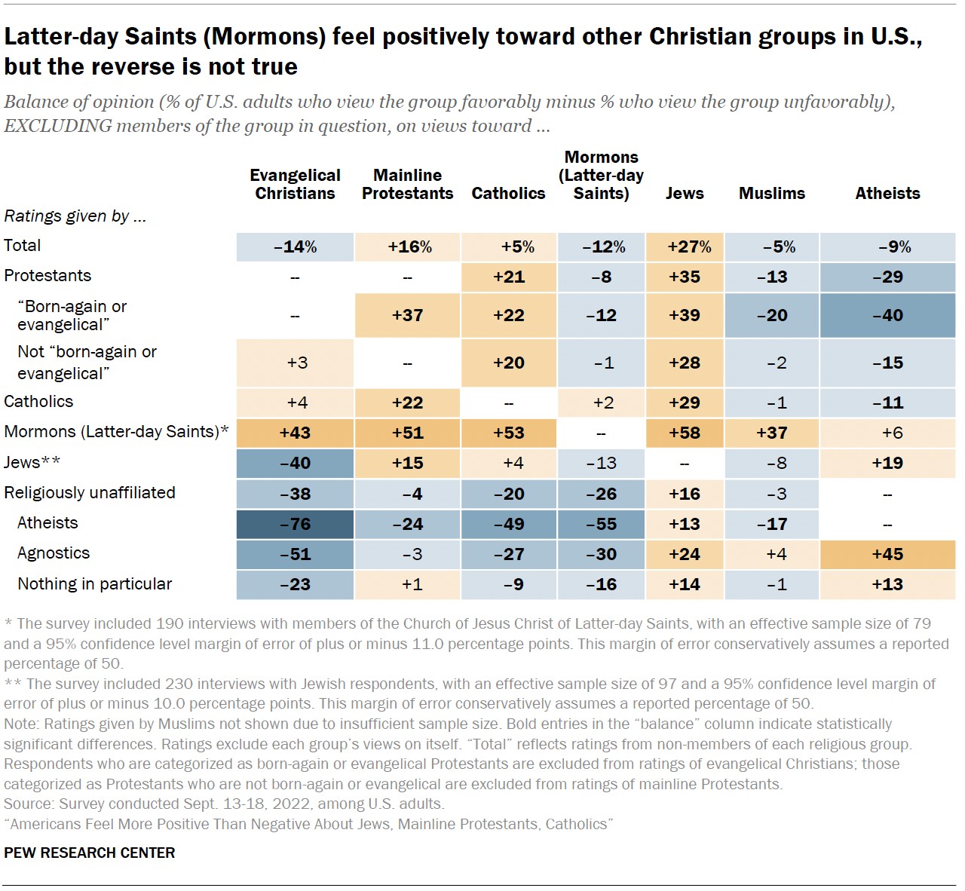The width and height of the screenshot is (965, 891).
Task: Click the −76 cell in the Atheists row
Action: pos(295,525)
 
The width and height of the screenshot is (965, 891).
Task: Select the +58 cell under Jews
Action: pos(685,433)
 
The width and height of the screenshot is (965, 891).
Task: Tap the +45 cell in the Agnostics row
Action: pos(887,555)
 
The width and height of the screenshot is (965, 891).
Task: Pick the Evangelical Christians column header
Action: pos(295,185)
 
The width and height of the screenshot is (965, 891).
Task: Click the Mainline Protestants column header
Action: pos(407,185)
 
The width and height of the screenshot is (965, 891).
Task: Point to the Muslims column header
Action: pos(772,194)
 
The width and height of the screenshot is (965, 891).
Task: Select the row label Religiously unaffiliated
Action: pos(90,493)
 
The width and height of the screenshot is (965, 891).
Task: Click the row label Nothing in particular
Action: pos(95,584)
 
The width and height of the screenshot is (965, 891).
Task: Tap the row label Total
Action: pos(23,246)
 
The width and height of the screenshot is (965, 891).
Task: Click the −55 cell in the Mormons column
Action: pos(602,525)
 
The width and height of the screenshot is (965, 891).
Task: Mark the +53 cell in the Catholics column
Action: pos(509,433)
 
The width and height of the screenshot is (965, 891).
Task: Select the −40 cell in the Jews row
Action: pos(295,464)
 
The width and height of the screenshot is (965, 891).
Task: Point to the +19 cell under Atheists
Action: pos(887,464)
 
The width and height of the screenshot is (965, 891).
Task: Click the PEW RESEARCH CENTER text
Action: pos(90,853)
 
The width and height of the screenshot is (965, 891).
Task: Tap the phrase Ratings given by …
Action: pos(75,216)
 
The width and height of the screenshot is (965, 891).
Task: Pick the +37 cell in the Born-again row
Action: pos(407,316)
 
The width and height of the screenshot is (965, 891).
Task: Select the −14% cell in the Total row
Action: pos(295,247)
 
